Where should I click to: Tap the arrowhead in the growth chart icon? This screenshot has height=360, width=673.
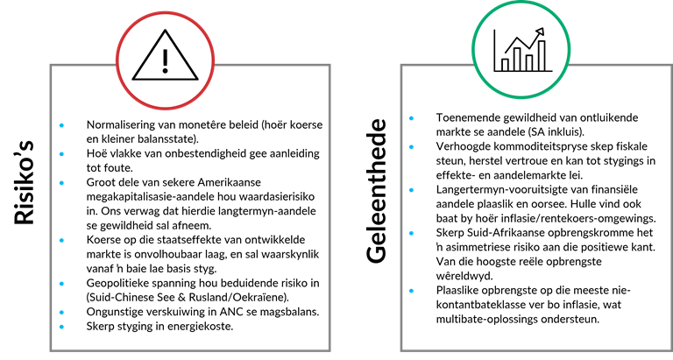(540, 32)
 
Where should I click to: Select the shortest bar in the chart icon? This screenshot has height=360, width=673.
(505, 64)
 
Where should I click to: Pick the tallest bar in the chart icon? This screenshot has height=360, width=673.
(542, 55)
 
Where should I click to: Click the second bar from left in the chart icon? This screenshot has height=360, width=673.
(517, 59)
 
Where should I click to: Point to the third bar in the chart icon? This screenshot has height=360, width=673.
(529, 62)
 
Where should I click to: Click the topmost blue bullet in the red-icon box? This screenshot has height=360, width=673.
(61, 125)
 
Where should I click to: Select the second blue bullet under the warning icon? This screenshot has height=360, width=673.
(61, 154)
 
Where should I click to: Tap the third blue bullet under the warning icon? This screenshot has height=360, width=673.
(61, 183)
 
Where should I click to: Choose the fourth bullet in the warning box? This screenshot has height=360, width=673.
(61, 240)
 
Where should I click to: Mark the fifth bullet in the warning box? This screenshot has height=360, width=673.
(61, 284)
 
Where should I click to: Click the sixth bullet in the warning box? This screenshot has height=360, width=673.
(61, 312)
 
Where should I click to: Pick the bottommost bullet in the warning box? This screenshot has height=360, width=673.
(61, 327)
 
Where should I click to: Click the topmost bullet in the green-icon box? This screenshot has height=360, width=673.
(411, 118)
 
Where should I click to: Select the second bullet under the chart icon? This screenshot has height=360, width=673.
(411, 147)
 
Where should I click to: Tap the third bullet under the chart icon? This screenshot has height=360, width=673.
(411, 190)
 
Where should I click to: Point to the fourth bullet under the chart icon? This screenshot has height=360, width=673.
(411, 233)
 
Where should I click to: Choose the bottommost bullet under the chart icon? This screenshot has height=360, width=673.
(411, 291)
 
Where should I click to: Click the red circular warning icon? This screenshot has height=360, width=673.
(165, 60)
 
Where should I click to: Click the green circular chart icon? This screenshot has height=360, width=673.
(521, 49)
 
